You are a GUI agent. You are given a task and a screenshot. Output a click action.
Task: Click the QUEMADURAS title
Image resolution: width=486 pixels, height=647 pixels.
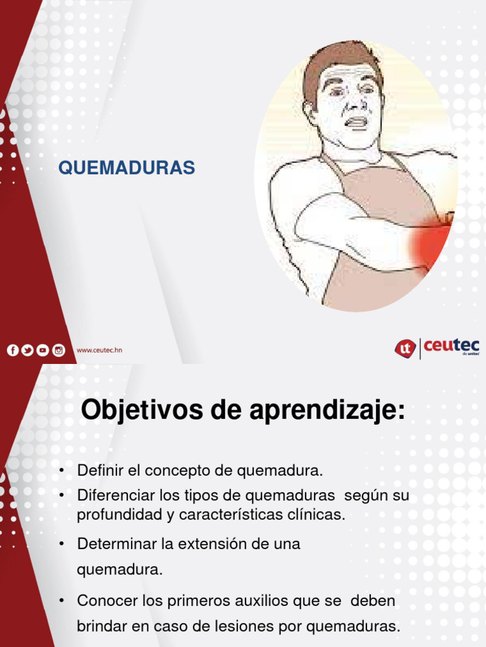click(x=127, y=167)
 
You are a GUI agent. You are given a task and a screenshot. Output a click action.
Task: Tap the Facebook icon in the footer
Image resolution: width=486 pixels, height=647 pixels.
click(x=13, y=350)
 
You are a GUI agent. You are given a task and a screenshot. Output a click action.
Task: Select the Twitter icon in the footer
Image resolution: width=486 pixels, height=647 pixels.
click(x=27, y=350)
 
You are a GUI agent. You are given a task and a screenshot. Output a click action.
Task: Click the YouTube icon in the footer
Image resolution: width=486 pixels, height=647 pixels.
click(x=42, y=350)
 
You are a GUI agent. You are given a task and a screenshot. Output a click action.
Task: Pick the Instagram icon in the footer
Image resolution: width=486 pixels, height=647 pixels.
click(x=58, y=350)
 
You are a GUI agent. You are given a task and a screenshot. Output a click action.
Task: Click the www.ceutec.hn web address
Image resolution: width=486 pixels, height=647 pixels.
click(x=99, y=350)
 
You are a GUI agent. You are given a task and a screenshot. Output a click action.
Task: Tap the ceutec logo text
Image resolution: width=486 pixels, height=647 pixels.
click(x=451, y=346)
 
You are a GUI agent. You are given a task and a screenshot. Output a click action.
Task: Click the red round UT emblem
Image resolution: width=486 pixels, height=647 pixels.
click(x=405, y=348)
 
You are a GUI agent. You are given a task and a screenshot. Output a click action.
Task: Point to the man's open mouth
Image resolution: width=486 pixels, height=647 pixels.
click(x=356, y=122)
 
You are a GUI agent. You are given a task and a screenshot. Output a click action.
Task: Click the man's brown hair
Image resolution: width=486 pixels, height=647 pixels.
click(x=335, y=60)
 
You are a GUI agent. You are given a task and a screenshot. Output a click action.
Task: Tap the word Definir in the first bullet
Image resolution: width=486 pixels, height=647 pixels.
click(x=97, y=471)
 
